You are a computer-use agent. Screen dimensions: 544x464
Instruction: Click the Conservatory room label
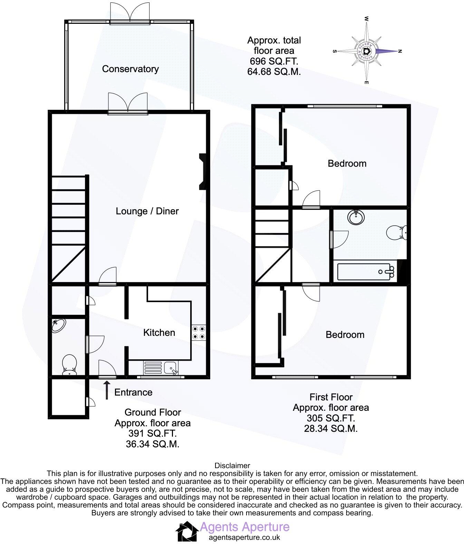click(x=130, y=69)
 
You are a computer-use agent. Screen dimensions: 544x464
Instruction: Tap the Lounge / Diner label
click(x=147, y=211)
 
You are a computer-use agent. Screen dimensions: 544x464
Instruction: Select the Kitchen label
click(x=159, y=333)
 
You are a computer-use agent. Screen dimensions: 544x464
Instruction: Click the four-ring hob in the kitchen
click(x=199, y=333)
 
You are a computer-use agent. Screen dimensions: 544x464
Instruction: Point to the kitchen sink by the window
click(x=171, y=368)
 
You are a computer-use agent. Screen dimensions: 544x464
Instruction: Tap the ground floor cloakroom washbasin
click(x=59, y=325)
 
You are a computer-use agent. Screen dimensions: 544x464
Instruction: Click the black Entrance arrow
click(x=107, y=390)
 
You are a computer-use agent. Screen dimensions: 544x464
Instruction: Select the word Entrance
click(x=133, y=392)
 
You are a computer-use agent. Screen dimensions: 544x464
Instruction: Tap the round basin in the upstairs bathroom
click(x=356, y=217)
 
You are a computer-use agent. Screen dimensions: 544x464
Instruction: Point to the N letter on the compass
click(x=400, y=51)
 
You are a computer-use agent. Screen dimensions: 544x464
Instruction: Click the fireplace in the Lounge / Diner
click(x=202, y=172)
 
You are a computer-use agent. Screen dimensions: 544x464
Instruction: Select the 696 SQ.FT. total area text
click(x=274, y=61)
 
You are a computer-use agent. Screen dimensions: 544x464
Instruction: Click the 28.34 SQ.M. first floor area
click(x=330, y=429)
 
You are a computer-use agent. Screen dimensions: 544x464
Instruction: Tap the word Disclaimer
click(x=232, y=466)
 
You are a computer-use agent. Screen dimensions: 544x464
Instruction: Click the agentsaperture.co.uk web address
click(x=244, y=537)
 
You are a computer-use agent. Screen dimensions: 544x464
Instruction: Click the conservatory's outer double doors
click(x=130, y=14)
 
